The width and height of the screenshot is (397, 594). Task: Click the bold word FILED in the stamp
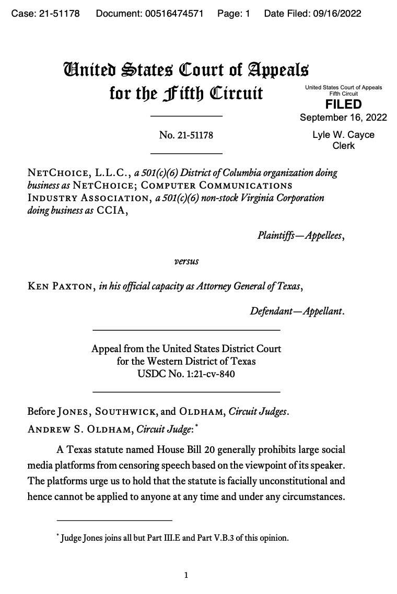coord(343,104)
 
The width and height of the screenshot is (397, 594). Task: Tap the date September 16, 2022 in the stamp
coord(343,118)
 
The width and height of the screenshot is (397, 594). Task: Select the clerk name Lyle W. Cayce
coord(343,135)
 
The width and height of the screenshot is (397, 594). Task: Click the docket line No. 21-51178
coord(186,135)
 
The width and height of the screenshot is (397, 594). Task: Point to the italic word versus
coord(186,261)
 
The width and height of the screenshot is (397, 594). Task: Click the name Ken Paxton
coord(61,286)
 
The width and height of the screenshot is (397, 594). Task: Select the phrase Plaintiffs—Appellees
coord(300,236)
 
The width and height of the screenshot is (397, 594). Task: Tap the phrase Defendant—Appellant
coord(297,311)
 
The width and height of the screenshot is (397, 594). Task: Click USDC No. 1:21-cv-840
coord(186,374)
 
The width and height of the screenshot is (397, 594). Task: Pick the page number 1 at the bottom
coord(186,575)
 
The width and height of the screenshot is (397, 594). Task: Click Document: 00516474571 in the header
coord(149,14)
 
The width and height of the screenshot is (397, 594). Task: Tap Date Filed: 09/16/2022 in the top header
coord(312,14)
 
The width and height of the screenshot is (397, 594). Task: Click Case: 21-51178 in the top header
coord(45,14)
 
